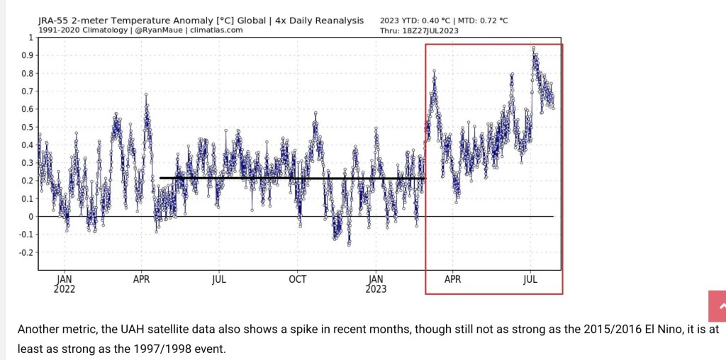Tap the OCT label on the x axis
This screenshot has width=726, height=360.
(298, 279)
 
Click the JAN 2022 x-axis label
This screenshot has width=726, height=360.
(64, 283)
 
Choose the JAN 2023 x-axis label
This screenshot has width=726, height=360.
(376, 283)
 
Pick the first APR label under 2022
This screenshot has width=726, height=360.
(143, 279)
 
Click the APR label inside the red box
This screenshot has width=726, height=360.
(452, 279)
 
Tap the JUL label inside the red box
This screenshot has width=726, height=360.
(530, 279)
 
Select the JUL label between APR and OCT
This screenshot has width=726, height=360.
(219, 279)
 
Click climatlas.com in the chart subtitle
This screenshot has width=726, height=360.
(216, 30)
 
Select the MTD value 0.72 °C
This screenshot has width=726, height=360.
(488, 21)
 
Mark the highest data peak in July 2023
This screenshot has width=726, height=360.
(533, 48)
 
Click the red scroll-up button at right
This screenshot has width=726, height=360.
(717, 306)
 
